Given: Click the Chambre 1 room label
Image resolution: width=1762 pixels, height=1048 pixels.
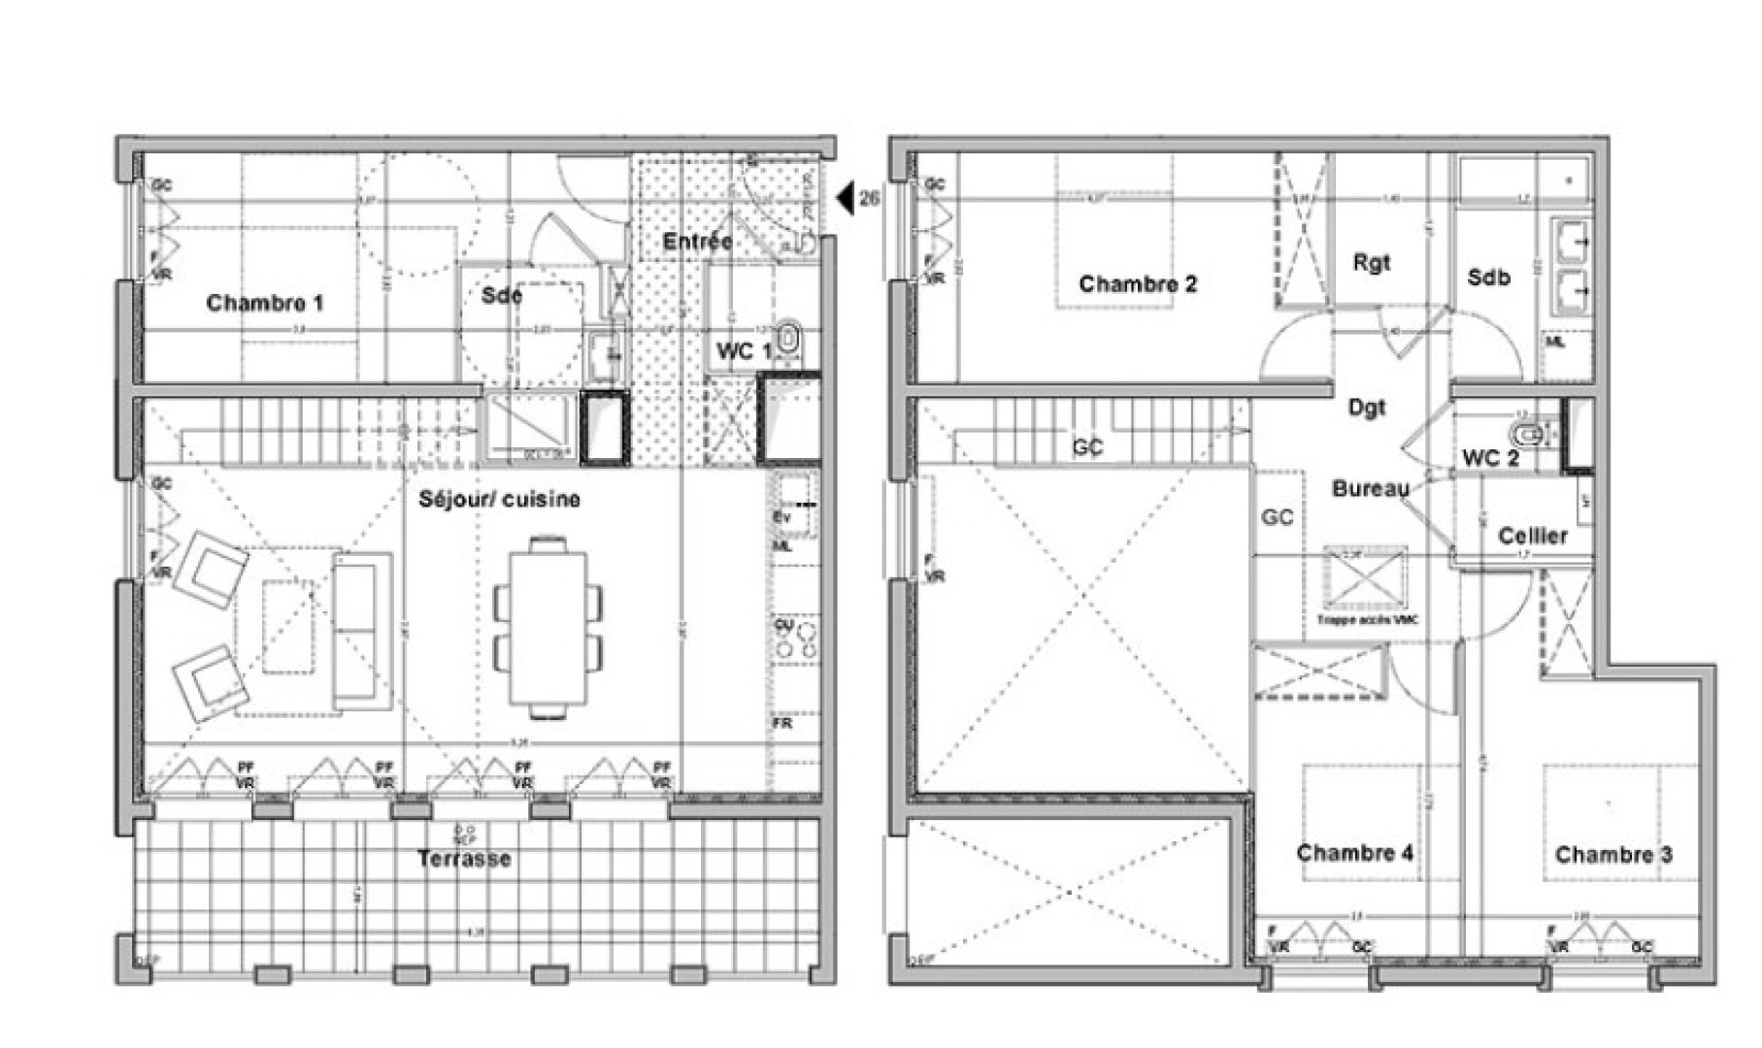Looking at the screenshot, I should (264, 303).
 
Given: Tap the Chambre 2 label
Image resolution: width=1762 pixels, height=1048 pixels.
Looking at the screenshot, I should (1138, 284).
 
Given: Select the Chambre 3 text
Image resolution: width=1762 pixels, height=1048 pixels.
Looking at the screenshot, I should (1613, 855).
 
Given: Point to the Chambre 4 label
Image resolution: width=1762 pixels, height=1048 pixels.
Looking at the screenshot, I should (1354, 853).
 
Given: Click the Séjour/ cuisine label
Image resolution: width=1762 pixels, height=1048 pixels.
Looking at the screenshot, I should (499, 499).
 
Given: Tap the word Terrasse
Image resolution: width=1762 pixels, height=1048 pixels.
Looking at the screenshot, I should (464, 859).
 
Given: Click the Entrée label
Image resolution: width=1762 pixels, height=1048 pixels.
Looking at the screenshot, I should (696, 241).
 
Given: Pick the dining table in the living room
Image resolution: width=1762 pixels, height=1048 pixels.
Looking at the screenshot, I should (549, 628).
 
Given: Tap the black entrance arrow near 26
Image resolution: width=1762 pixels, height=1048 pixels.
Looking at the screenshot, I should (845, 198).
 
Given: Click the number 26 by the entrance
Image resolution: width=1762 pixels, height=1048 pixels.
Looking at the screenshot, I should (870, 198).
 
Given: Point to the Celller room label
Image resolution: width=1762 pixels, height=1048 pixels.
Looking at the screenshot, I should (1532, 536).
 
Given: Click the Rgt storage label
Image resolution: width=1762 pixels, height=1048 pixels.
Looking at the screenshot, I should (1371, 262).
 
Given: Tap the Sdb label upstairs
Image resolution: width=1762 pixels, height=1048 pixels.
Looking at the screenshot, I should (1488, 278).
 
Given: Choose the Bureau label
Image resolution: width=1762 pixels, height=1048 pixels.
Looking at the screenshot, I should (1370, 488).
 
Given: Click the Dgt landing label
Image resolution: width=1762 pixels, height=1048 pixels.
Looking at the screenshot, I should (1366, 408).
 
